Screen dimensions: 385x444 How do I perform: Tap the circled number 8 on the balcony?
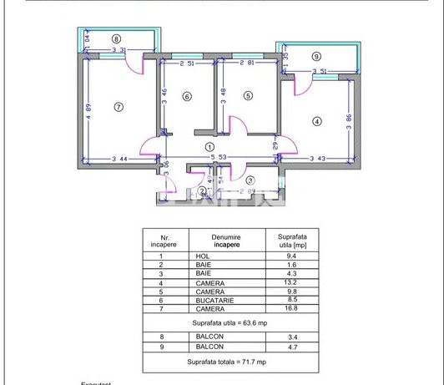click(x=116, y=38)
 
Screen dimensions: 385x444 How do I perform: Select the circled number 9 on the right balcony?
click(x=315, y=57)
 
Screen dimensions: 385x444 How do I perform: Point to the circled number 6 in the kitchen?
click(x=187, y=96)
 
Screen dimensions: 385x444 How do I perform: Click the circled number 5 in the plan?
click(x=247, y=96)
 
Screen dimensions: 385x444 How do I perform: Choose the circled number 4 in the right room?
click(x=316, y=121)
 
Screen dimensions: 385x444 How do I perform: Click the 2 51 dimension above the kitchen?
click(x=186, y=62)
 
